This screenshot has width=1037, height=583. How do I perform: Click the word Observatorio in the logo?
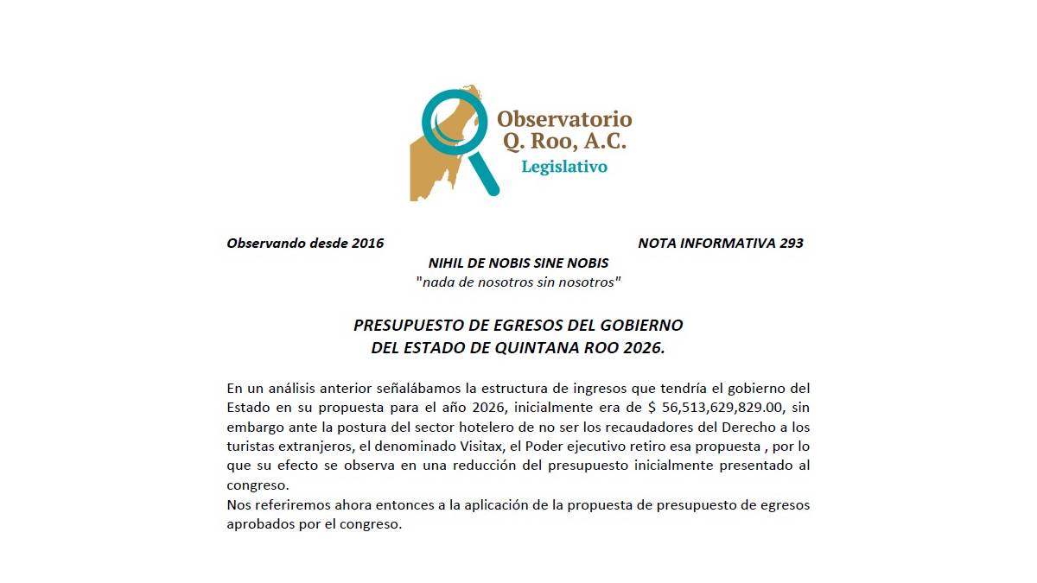564,119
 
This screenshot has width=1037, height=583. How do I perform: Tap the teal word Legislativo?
563,167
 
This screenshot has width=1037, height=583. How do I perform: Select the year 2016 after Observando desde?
368,244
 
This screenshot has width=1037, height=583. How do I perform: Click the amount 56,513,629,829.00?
725,408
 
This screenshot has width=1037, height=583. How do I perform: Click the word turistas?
251,447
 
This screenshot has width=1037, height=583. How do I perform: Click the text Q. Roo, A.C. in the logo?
562,142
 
